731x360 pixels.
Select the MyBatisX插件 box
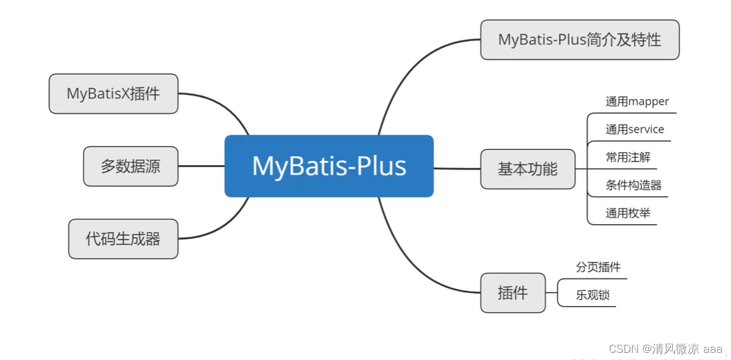113,94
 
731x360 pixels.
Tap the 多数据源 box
130,166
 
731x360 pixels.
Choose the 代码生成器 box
123,239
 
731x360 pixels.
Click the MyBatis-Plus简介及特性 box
580,40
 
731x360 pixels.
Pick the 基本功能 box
528,169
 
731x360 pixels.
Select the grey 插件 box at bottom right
512,293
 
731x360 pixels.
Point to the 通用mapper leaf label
637,101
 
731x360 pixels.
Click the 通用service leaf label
634,129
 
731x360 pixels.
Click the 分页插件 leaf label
598,267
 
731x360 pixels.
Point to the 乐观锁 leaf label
592,295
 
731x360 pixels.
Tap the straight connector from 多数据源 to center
201,166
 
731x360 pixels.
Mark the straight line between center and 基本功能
457,169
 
